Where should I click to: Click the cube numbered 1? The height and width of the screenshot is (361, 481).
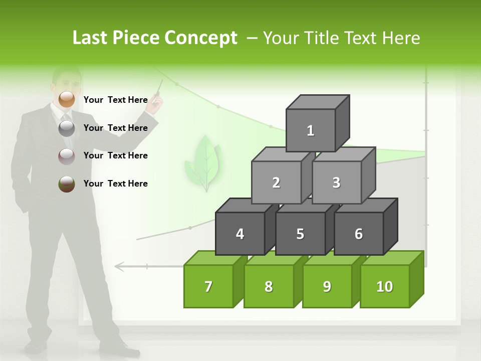click(311, 130)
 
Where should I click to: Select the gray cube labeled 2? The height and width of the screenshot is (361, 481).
click(276, 183)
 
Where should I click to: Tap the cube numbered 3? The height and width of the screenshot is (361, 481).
click(336, 183)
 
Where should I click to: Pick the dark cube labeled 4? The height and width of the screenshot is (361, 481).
click(240, 234)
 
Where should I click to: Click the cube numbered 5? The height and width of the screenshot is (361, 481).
click(300, 234)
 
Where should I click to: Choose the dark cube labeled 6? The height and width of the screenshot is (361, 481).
click(359, 234)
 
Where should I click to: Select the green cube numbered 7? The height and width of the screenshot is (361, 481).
click(208, 286)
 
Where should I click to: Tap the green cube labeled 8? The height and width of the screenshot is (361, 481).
click(269, 286)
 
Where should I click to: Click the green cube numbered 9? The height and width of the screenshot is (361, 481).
click(327, 286)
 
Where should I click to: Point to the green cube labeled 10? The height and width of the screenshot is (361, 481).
click(384, 286)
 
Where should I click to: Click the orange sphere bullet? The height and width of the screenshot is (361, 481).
click(67, 99)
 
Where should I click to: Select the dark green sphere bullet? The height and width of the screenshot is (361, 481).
click(67, 184)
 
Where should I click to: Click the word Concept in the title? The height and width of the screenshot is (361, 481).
click(200, 38)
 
